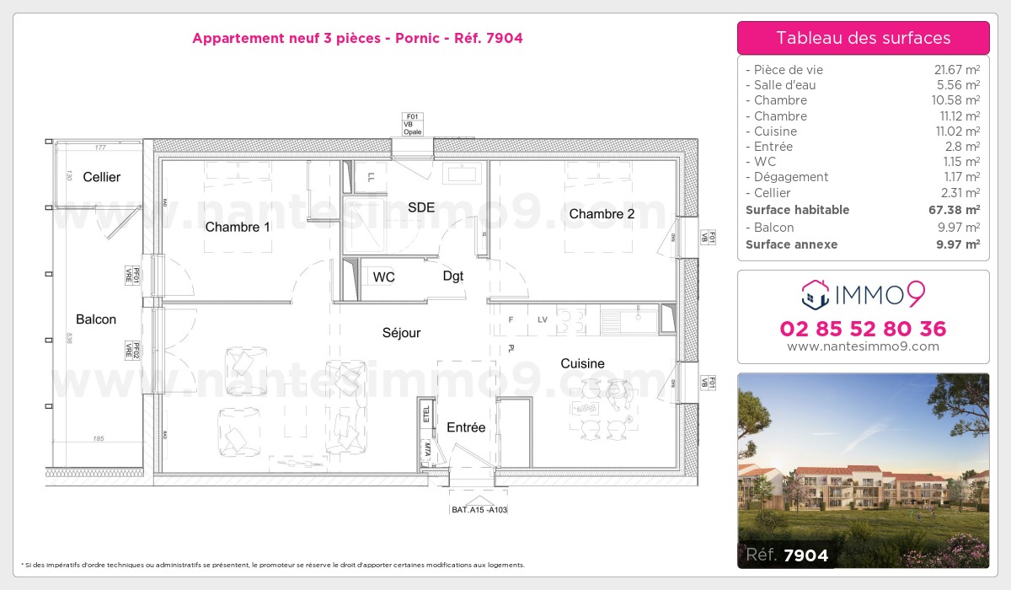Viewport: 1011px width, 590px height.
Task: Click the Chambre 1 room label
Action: pos(238,227)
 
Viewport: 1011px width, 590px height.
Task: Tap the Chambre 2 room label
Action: pos(602,214)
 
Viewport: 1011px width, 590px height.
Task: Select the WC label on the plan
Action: pos(384,277)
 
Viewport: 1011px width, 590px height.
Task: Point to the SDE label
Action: pos(421,207)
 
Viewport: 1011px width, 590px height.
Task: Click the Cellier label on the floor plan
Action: pos(101,177)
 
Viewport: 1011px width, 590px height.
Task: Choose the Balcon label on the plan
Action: pos(96,319)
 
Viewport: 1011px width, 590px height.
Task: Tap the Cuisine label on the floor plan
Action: pos(583,363)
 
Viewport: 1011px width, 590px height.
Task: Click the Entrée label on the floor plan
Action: pos(466,427)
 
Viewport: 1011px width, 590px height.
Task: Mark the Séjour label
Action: pos(401,333)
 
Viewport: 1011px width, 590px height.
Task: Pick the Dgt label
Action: pos(453,276)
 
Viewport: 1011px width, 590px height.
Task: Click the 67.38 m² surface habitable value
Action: pos(955,210)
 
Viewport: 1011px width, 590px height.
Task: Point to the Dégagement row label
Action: pos(791,177)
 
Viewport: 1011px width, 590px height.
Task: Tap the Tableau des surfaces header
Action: pos(863,38)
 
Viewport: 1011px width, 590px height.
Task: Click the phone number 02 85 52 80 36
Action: pos(863,329)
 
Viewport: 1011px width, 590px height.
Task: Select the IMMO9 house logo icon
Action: pos(815,294)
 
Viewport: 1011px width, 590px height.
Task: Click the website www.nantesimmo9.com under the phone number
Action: pos(863,346)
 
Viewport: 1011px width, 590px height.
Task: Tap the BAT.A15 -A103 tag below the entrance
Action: pos(479,510)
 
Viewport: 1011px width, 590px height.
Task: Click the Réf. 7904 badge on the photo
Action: pos(787,555)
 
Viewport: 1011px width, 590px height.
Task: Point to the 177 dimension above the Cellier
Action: pos(99,148)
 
